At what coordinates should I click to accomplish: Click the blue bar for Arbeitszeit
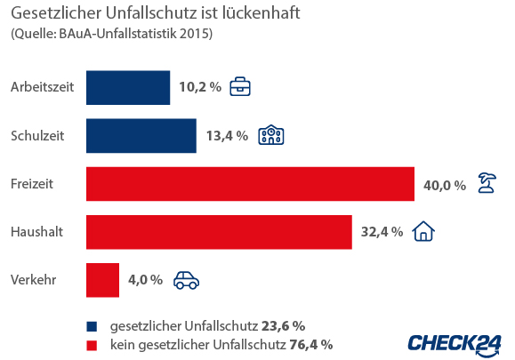coord(128,88)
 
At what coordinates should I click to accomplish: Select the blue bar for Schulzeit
coord(141,136)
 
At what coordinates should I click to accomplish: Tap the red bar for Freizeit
coord(250,184)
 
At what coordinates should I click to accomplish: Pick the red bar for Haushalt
coord(219,232)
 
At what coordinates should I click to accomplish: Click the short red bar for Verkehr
coord(102,280)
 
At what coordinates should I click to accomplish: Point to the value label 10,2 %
coord(199,88)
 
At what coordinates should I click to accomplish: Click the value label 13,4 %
coord(226,136)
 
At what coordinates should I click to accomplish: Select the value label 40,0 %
coord(444,185)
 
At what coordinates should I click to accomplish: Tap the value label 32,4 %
coord(382,232)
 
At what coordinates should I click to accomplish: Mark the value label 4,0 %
coord(145,280)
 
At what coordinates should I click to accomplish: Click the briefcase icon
coord(240,87)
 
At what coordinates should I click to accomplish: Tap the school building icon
coord(270,135)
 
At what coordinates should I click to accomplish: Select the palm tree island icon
coord(487,183)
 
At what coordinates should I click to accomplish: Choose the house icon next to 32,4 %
coord(424,231)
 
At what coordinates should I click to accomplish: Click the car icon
coord(186,280)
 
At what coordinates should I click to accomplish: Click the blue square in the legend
coord(91,325)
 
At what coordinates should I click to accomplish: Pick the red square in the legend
coord(91,344)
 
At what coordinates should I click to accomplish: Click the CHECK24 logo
coord(454,343)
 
